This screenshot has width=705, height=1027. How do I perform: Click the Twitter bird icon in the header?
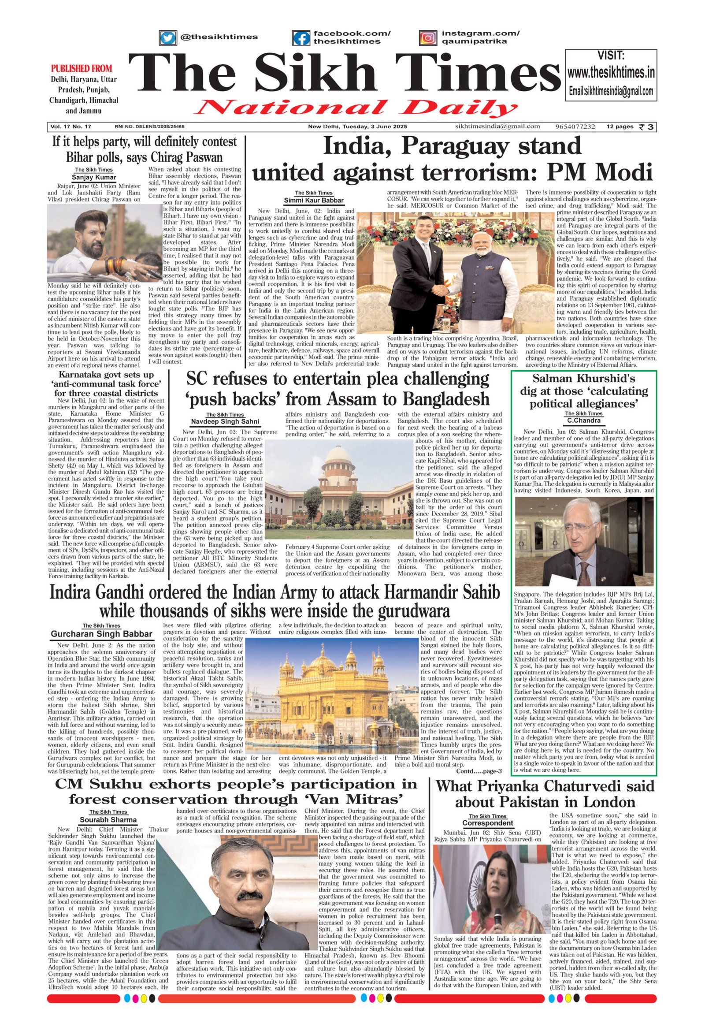pyautogui.click(x=167, y=37)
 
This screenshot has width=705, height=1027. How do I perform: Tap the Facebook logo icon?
pyautogui.click(x=301, y=37)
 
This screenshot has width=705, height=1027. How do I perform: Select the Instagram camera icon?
pyautogui.click(x=427, y=37)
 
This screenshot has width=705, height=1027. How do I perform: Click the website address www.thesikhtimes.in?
pyautogui.click(x=611, y=72)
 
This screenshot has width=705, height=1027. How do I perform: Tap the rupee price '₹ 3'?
pyautogui.click(x=648, y=127)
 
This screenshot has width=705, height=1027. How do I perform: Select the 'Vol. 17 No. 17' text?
pyautogui.click(x=70, y=127)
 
